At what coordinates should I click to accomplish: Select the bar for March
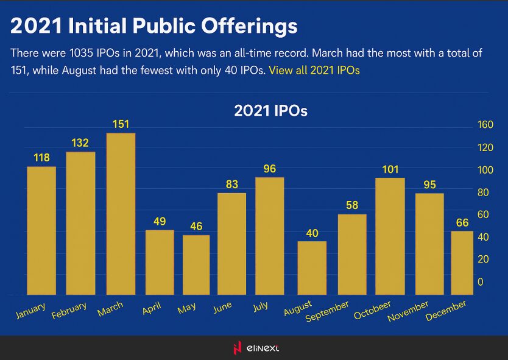pos(121,214)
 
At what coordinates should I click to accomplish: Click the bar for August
pos(312,268)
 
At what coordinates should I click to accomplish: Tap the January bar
pos(41,231)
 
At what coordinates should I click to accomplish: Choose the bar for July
pos(270,236)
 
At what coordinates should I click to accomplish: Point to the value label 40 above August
pos(312,233)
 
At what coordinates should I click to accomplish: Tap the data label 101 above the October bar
pos(390,169)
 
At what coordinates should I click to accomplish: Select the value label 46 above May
pos(196,227)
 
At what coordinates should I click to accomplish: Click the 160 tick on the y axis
pos(485,125)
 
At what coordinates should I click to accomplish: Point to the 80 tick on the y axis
pos(483,192)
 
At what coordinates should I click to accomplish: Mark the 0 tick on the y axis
pos(481,282)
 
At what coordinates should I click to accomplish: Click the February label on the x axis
pos(69,310)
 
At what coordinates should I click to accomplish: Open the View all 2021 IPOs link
pos(314,70)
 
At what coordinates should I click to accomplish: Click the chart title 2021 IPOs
pos(270,111)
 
